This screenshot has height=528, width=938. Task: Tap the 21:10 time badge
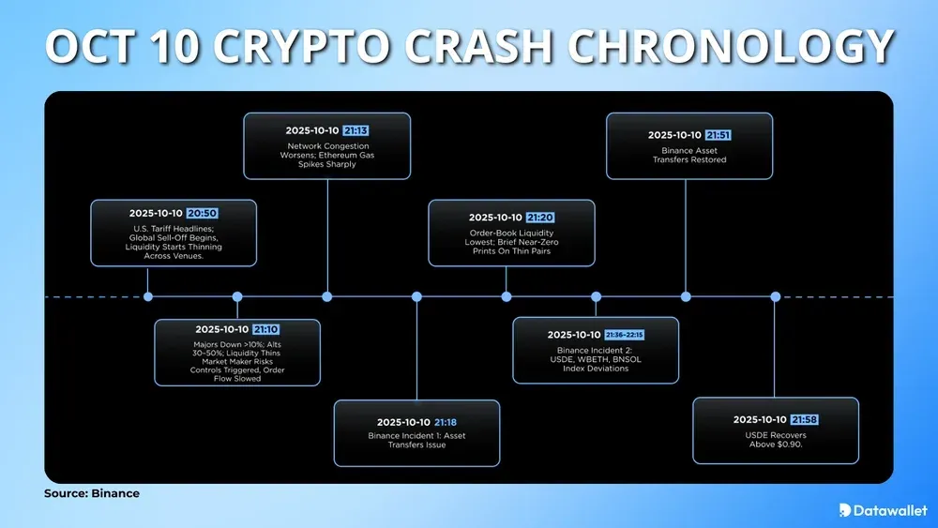(265, 330)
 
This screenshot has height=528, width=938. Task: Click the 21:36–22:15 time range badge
(625, 335)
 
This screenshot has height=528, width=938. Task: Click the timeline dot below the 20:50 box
(148, 296)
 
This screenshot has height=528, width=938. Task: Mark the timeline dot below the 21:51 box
(686, 296)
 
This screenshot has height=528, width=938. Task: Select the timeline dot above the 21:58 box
(776, 296)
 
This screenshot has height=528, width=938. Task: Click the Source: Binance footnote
(92, 493)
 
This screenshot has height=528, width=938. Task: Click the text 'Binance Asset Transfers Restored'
(689, 155)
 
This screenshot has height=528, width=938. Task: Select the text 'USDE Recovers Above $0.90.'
(775, 440)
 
